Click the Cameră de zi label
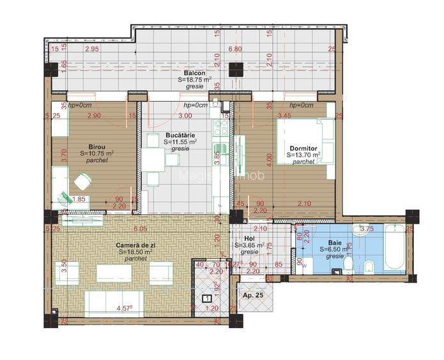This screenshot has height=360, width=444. (134, 246)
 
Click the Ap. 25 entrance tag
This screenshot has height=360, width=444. (253, 296)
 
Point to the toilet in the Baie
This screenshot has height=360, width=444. (349, 265)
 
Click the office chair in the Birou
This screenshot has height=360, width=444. (82, 182)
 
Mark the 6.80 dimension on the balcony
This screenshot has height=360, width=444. (234, 49)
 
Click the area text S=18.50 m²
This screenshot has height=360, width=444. (136, 253)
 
